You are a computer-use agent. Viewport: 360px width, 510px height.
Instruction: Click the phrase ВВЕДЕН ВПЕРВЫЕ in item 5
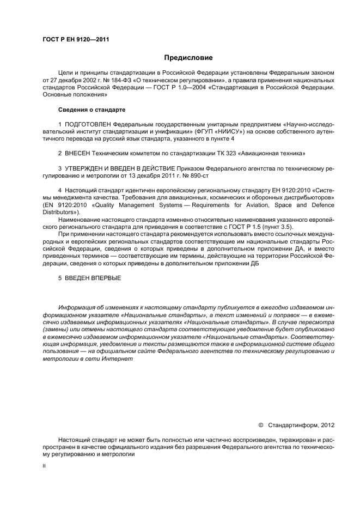pyautogui.click(x=93, y=278)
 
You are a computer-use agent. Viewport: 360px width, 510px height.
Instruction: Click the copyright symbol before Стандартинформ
pyautogui.click(x=261, y=424)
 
